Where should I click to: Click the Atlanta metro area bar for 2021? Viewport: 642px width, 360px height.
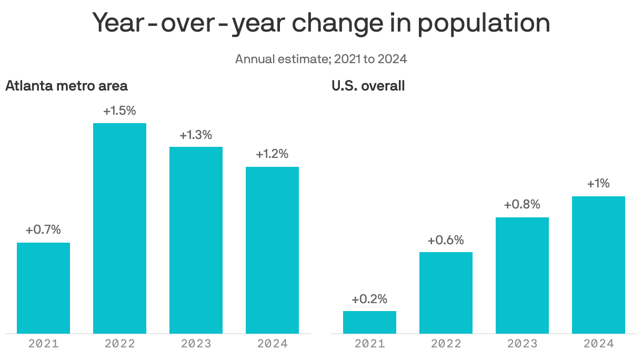tap(43, 288)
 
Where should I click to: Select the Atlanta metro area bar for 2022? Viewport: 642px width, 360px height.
tap(119, 228)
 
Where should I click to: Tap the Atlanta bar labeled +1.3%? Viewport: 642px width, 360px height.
tap(196, 240)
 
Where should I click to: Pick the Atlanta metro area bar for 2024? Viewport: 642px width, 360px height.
tap(272, 250)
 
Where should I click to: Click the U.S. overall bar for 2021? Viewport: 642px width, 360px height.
tap(369, 322)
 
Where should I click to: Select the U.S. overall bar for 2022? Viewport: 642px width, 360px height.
tap(446, 293)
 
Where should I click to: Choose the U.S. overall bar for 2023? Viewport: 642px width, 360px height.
tap(522, 275)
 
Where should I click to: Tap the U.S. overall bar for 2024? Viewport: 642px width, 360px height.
tap(598, 265)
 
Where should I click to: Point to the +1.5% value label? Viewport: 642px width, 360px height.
tap(119, 111)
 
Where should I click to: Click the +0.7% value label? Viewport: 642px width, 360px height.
tap(43, 230)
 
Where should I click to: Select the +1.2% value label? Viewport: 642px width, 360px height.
tap(272, 154)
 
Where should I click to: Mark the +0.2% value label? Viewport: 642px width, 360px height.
tap(369, 299)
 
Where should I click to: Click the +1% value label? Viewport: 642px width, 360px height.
tap(598, 184)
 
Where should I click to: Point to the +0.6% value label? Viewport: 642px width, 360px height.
tap(446, 240)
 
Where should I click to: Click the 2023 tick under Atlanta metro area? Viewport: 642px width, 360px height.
tap(196, 344)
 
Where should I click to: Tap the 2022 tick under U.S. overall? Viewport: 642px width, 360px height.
tap(446, 344)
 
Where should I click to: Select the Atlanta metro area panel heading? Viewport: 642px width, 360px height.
tap(66, 86)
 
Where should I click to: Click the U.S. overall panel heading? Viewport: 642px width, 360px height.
tap(368, 86)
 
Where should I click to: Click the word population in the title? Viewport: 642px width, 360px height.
tap(484, 24)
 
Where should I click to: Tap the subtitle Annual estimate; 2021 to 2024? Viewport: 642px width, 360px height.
tap(321, 58)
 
